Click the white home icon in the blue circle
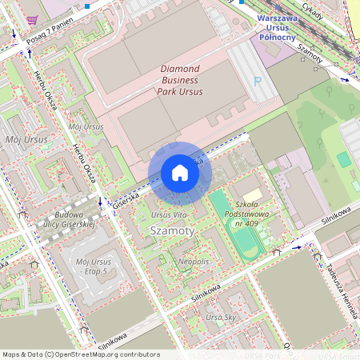tap(180, 173)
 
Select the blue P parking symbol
tap(257, 81)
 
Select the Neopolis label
tap(194, 262)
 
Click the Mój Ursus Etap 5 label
tap(91, 266)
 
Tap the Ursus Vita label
tap(169, 216)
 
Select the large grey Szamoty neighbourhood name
tap(172, 230)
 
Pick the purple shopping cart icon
tap(31, 20)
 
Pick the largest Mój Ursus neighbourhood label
tap(26, 140)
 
